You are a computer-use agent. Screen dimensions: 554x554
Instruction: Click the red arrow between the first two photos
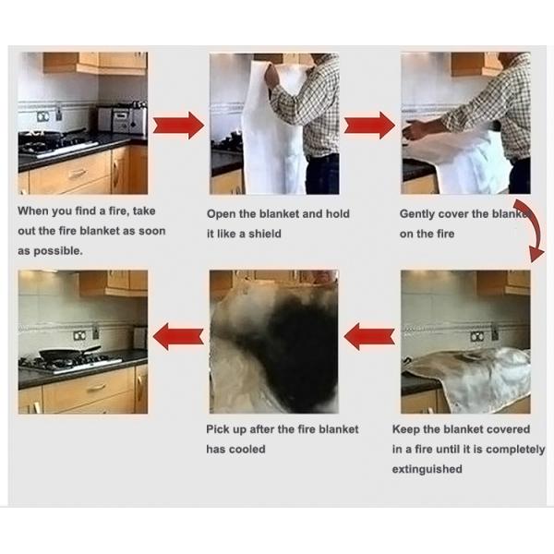click(x=178, y=126)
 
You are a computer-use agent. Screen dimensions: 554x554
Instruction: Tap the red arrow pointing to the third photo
click(x=369, y=126)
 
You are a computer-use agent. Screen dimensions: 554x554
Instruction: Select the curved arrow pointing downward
click(x=532, y=230)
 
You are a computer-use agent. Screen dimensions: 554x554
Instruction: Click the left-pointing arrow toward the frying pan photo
click(x=178, y=336)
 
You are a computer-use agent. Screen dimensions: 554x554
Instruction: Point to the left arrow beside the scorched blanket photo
click(x=369, y=336)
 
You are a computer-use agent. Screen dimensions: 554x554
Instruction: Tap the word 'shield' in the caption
click(x=265, y=234)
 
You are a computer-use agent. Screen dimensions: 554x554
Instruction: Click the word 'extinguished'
click(x=428, y=469)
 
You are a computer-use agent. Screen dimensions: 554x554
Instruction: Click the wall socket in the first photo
click(x=43, y=116)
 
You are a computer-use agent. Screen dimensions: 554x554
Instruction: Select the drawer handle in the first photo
click(x=77, y=174)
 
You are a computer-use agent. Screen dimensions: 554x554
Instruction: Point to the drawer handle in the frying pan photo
click(x=96, y=389)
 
